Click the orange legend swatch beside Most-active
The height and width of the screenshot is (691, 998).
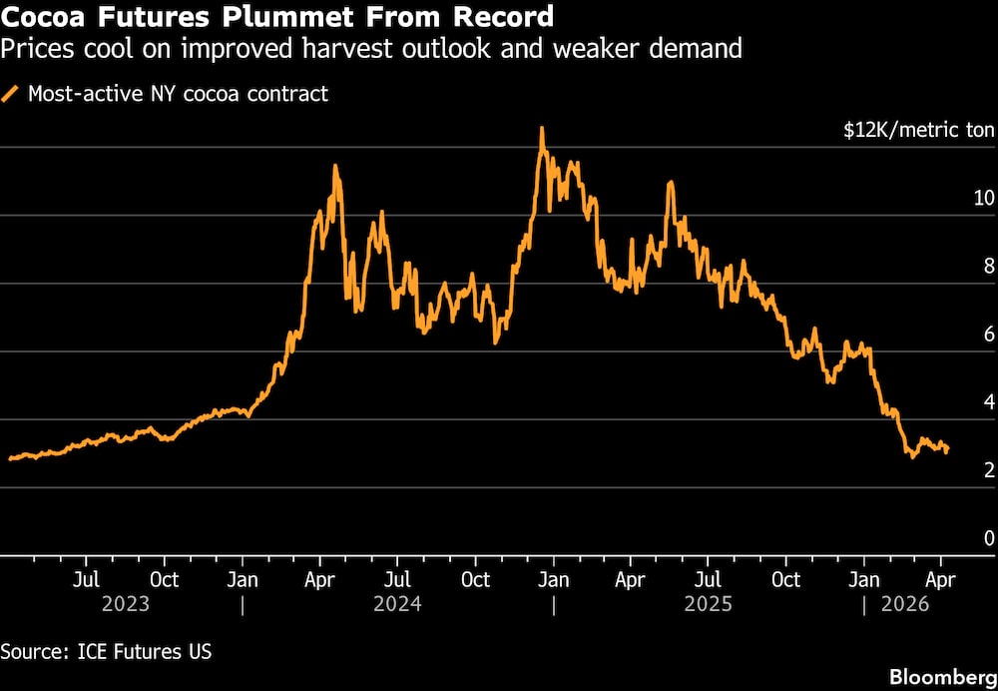coord(12,95)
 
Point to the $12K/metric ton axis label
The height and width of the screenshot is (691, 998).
coord(919,131)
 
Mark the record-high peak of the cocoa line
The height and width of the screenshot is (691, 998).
coord(541,128)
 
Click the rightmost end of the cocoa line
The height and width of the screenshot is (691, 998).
coord(947,450)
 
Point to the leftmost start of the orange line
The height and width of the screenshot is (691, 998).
coord(10,458)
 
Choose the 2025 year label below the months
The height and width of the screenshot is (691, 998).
coord(708,604)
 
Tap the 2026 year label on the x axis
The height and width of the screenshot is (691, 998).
coord(904,604)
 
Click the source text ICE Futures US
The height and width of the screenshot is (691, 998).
coord(107,652)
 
